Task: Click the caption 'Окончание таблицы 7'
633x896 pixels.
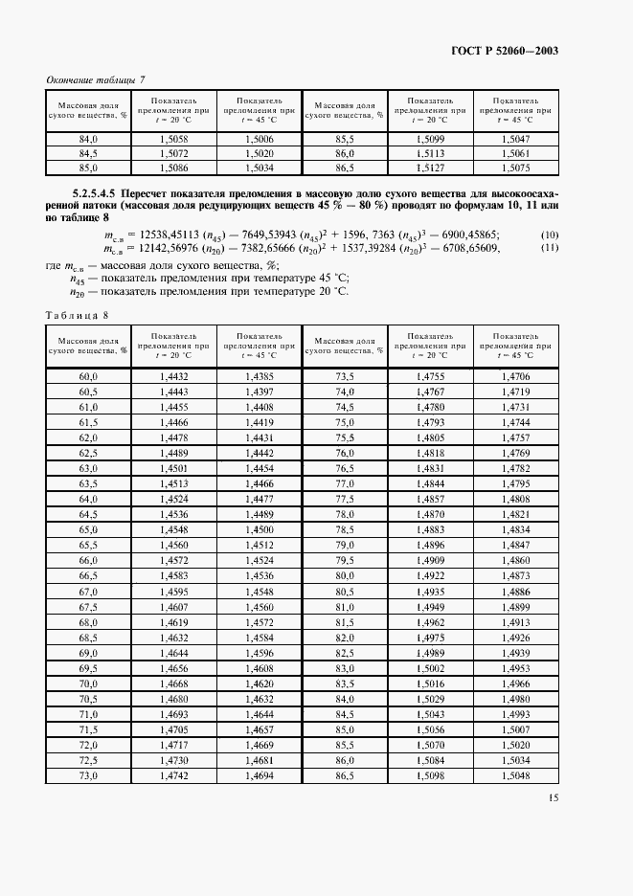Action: point(95,80)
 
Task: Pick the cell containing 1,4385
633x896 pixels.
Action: point(259,377)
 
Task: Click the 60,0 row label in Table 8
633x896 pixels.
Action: point(88,377)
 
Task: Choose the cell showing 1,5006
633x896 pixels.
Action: point(259,139)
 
